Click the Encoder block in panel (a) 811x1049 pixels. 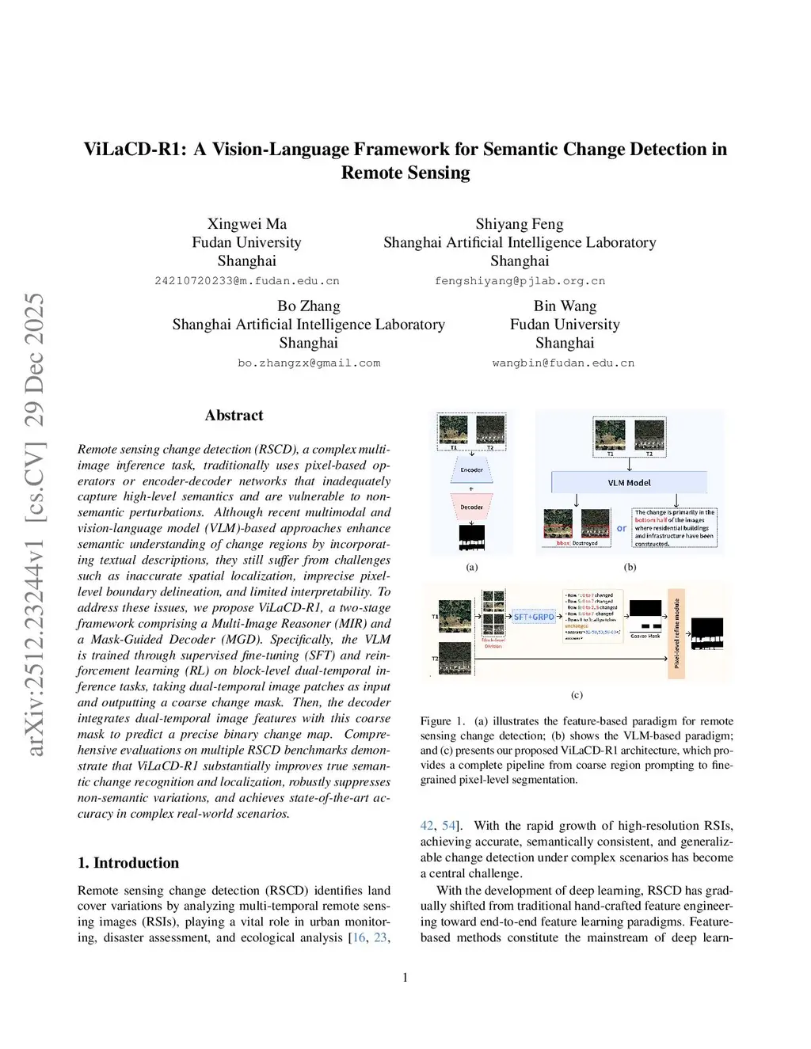[x=472, y=470]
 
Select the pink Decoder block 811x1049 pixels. [x=472, y=507]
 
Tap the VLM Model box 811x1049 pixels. [x=629, y=482]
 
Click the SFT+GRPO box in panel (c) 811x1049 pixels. [x=534, y=616]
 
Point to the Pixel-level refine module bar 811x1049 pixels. [x=676, y=633]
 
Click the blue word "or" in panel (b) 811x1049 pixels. [x=622, y=528]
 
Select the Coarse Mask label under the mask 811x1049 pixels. [x=645, y=636]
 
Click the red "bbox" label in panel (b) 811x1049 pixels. [x=563, y=543]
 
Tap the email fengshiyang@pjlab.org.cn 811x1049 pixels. [x=520, y=281]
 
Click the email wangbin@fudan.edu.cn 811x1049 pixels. [x=563, y=363]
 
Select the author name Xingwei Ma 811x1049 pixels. [x=247, y=224]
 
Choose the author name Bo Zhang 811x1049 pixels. [x=309, y=306]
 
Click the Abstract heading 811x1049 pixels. [x=234, y=416]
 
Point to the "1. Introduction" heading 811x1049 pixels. [x=128, y=863]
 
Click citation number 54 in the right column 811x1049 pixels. [x=448, y=826]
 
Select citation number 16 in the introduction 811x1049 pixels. [x=359, y=937]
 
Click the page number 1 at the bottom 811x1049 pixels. [x=405, y=978]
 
